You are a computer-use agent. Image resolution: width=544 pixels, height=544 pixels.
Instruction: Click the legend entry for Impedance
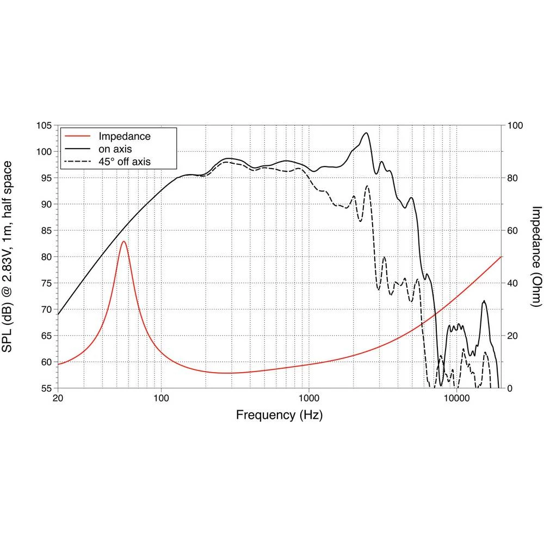(x=124, y=136)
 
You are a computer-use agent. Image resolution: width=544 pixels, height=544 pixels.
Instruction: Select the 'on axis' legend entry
(x=114, y=148)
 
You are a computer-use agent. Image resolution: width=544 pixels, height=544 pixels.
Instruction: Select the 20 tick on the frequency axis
(x=58, y=398)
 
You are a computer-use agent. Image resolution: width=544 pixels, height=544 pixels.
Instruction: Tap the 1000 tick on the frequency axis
(x=309, y=398)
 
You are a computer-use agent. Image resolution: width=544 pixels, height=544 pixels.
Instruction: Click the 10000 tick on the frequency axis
(x=456, y=398)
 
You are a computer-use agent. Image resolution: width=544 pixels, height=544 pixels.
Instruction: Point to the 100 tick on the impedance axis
(x=514, y=126)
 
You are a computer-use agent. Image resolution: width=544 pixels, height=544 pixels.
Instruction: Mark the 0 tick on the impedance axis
(x=510, y=388)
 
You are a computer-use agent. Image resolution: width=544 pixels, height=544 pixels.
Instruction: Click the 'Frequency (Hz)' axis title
(x=279, y=416)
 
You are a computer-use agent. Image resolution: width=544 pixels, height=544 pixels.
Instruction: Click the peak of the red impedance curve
(x=124, y=241)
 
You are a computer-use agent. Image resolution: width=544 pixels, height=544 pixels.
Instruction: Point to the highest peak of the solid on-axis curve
(x=366, y=133)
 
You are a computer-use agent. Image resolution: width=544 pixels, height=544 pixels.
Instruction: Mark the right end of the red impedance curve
(x=500, y=257)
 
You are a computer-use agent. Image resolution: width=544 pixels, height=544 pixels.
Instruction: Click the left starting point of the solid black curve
(x=58, y=314)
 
